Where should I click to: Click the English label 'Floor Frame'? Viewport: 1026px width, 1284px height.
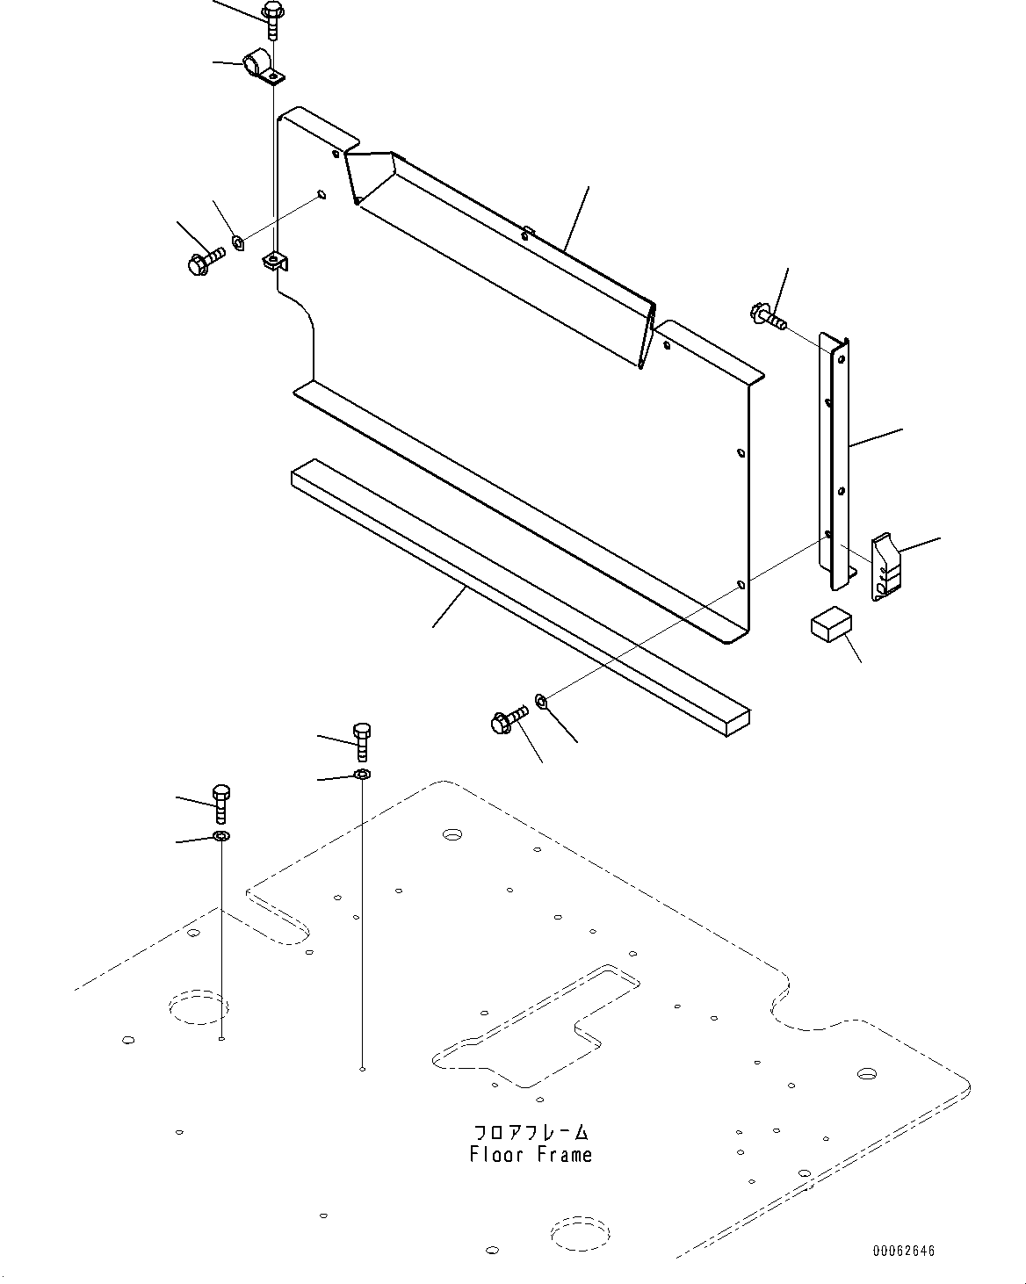(531, 1154)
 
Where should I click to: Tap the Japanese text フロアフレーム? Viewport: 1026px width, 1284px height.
(531, 1131)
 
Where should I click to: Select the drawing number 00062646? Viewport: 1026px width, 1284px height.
(904, 1250)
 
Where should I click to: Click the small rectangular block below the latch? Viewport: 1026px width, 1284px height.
(831, 624)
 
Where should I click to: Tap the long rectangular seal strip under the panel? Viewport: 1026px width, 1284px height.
(520, 598)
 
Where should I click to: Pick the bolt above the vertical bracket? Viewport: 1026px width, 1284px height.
(768, 315)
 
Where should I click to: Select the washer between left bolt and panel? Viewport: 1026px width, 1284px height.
(237, 243)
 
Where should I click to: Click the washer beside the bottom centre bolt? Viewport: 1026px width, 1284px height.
(541, 702)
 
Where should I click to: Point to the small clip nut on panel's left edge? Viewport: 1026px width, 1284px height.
(275, 261)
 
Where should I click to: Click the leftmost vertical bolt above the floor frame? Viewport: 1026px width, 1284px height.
(221, 804)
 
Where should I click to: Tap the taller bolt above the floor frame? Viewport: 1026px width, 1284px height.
(362, 741)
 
